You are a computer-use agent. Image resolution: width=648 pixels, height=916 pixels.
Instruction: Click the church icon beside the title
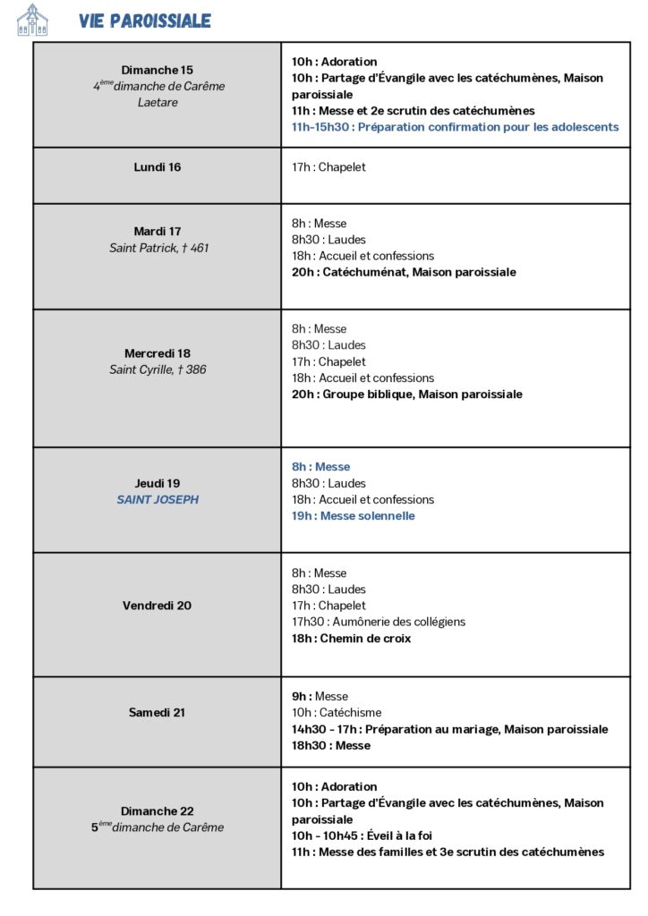click(32, 20)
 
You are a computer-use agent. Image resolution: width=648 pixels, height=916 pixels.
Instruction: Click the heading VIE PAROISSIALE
click(144, 21)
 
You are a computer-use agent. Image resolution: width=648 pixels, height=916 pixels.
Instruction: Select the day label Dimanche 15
click(158, 70)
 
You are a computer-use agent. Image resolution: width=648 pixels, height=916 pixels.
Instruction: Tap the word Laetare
click(158, 102)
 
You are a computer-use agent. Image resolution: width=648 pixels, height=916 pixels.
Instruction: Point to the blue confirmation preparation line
click(455, 127)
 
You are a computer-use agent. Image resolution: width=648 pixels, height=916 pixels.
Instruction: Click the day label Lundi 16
click(158, 167)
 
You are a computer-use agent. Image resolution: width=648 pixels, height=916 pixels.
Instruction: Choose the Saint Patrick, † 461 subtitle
click(158, 248)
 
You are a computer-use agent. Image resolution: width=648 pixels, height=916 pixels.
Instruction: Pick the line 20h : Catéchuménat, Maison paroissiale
click(404, 272)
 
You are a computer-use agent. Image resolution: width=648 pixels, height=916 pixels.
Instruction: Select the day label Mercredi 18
click(158, 353)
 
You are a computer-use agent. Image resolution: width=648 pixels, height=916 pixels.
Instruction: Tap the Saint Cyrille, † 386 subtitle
click(158, 369)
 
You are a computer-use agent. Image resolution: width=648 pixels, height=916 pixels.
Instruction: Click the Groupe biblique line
click(406, 394)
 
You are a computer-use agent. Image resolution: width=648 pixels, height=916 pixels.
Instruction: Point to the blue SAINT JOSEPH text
click(158, 500)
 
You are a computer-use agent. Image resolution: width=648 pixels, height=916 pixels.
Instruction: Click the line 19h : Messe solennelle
click(353, 516)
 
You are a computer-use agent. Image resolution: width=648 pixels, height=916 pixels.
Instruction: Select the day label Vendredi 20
click(158, 606)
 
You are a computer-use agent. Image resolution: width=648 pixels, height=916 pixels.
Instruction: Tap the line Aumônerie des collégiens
click(378, 622)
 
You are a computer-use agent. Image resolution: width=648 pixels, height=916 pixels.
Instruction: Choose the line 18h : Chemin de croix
click(351, 639)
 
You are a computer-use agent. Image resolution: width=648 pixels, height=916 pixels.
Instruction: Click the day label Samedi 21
click(158, 713)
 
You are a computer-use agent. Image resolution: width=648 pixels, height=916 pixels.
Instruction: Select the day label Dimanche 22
click(158, 811)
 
